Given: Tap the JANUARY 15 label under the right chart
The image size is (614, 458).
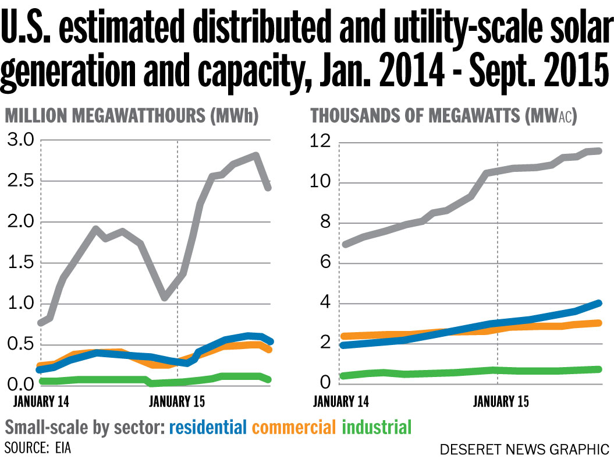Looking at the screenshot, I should (x=501, y=401).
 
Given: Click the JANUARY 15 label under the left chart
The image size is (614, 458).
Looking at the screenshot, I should (x=178, y=401).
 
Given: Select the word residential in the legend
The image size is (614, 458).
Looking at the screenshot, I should (x=208, y=428).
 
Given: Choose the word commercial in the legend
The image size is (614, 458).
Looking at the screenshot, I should (x=294, y=428).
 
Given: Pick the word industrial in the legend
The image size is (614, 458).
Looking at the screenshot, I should (x=377, y=428).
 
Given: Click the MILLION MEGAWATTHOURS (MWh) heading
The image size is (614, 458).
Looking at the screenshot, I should (x=132, y=117).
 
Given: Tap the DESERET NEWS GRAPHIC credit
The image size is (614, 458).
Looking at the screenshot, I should (x=524, y=449).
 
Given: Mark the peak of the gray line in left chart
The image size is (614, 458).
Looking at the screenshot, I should (x=255, y=155).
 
